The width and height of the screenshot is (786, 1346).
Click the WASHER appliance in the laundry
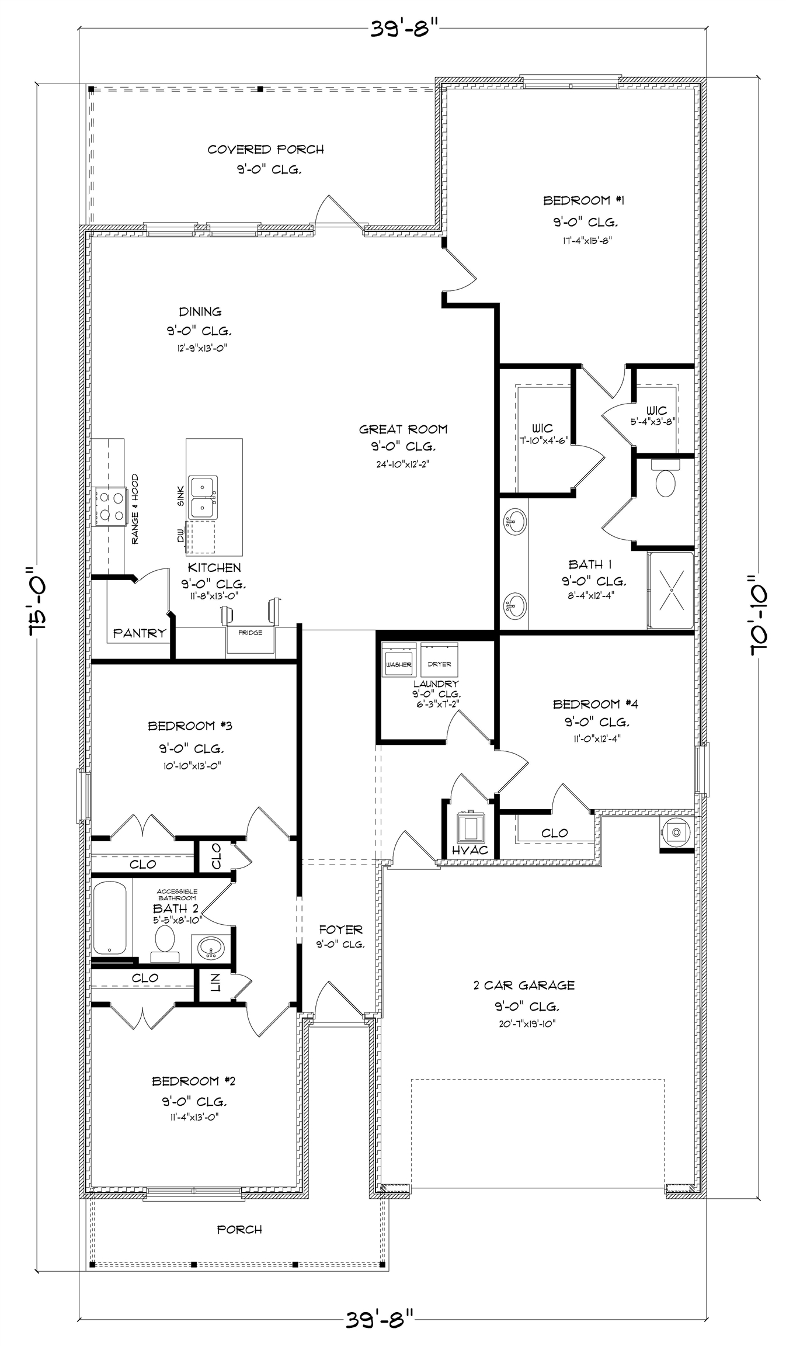[399, 660]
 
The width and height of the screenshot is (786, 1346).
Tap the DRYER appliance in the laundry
[439, 660]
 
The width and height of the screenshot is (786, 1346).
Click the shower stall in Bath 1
[671, 590]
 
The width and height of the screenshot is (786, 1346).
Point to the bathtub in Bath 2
[110, 918]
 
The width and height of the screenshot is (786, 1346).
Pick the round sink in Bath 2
[210, 947]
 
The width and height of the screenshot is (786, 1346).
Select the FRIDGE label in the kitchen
[250, 633]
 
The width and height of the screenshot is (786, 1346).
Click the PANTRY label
[140, 633]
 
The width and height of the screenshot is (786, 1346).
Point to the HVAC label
[469, 850]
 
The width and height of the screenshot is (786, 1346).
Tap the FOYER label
[341, 929]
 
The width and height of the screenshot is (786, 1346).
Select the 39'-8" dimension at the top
[404, 28]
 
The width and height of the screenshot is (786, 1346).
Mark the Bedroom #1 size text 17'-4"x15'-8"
[585, 240]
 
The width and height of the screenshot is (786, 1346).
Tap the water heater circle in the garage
[676, 831]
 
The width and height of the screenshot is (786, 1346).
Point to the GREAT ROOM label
[404, 429]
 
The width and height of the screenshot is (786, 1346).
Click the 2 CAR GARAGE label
[524, 985]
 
